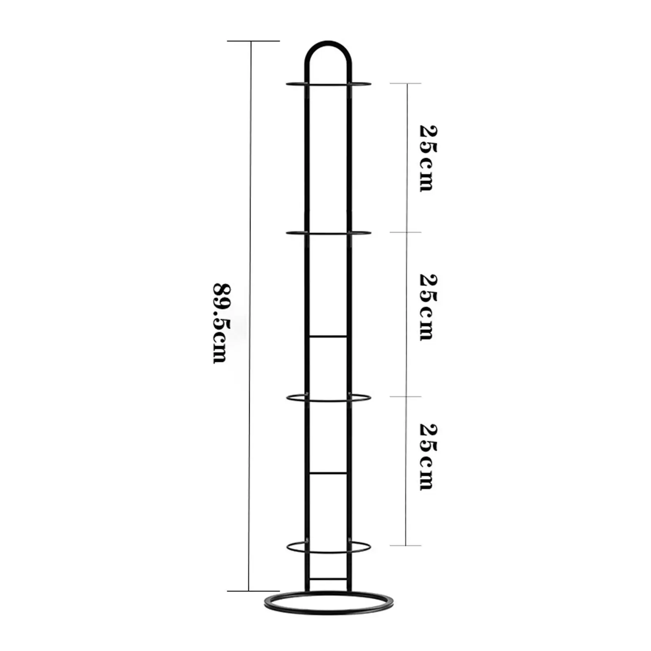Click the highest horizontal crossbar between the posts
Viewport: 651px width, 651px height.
328,336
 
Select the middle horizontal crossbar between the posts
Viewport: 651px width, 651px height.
328,473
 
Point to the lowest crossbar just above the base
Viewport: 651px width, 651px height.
328,579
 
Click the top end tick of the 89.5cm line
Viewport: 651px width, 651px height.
253,41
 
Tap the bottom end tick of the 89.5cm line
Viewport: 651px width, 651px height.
253,591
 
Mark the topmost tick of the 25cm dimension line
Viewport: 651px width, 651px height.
406,83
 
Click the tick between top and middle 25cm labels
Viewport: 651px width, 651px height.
406,232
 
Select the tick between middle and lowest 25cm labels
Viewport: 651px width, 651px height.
406,397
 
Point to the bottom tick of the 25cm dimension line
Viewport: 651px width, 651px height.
406,546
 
